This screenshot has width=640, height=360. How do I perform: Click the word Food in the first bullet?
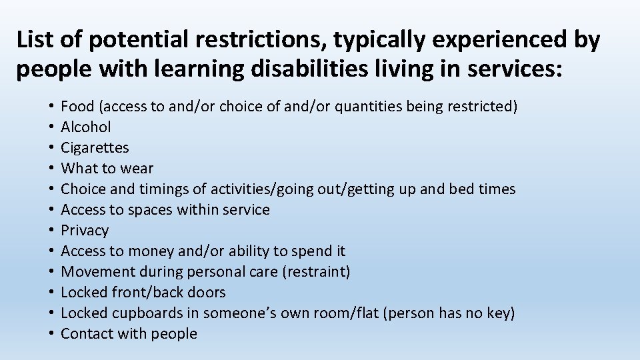(x=75, y=106)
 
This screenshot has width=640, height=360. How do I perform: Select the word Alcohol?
(x=86, y=127)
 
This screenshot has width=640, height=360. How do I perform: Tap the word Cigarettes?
(x=95, y=147)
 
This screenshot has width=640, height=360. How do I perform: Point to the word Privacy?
(x=85, y=231)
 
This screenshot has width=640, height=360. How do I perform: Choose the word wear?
(x=138, y=168)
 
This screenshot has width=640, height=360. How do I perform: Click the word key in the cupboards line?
(x=498, y=313)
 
